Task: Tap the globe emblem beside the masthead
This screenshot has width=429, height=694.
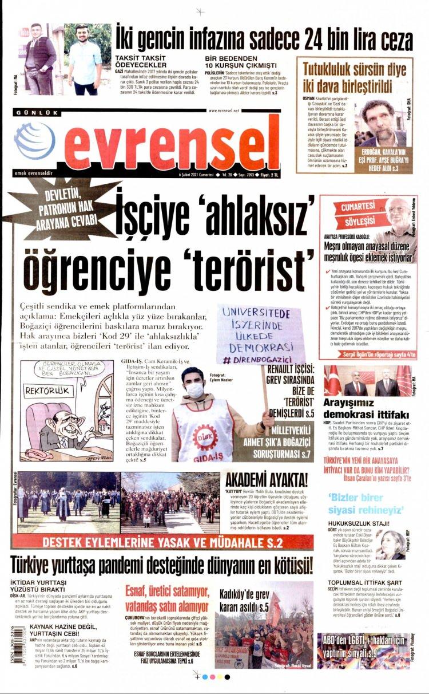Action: coord(35,141)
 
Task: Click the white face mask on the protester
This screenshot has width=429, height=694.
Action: coord(194,390)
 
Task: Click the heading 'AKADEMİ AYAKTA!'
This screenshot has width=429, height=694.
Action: coord(266,480)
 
